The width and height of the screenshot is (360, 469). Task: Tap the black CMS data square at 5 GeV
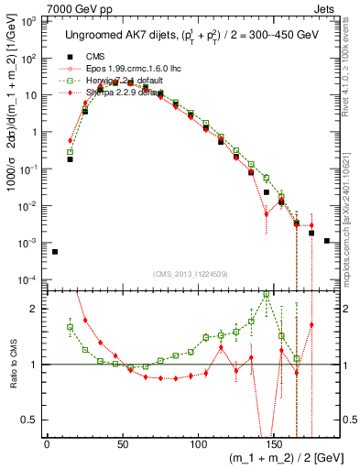point(55,252)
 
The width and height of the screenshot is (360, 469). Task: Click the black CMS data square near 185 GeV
point(327,241)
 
